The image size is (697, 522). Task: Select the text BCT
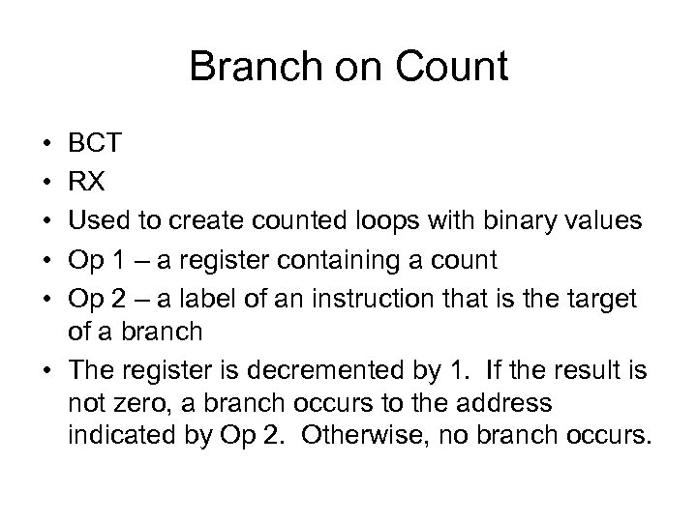pos(94,144)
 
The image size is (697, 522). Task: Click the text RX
pos(85,183)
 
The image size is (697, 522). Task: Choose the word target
pos(601,299)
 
